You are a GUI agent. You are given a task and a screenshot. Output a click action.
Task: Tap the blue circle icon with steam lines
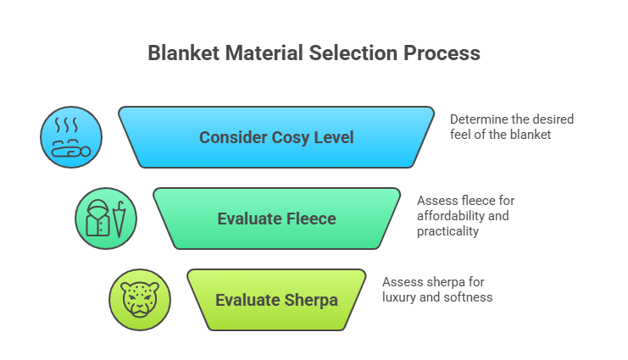click(72, 137)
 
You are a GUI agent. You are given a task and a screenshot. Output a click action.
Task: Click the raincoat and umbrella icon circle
click(106, 219)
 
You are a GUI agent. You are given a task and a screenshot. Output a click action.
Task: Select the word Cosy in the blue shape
click(281, 137)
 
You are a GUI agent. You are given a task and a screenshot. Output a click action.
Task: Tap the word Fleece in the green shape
click(308, 219)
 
